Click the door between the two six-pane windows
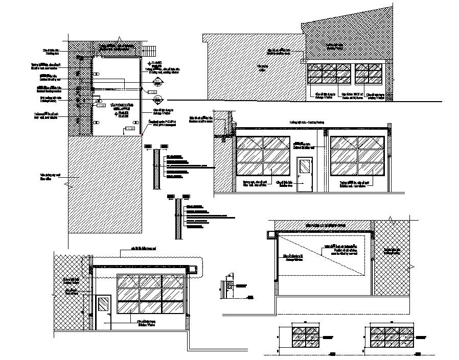pyautogui.click(x=305, y=174)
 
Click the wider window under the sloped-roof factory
pyautogui.click(x=329, y=74)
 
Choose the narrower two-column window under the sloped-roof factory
pyautogui.click(x=369, y=74)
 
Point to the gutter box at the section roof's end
pyautogui.click(x=270, y=234)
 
